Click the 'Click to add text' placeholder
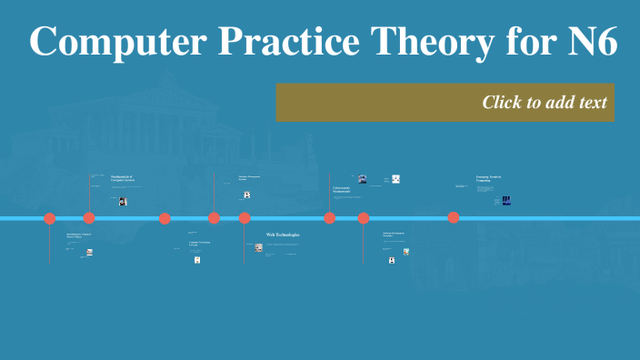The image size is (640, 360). [544, 102]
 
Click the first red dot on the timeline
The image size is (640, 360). [50, 218]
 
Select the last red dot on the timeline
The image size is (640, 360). [453, 217]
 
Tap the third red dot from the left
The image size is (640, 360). [165, 218]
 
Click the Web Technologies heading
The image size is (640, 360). [283, 235]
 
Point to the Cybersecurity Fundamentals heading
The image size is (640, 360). [342, 190]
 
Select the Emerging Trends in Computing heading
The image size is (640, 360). [488, 178]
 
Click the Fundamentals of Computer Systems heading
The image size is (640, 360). [123, 178]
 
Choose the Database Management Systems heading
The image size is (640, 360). [249, 178]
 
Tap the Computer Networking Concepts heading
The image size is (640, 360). [199, 244]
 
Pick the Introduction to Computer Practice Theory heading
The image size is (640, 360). [79, 235]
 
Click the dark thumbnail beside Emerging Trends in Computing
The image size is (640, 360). [506, 200]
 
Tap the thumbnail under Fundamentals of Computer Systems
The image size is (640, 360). [123, 201]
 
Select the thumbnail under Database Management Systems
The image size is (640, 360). [246, 195]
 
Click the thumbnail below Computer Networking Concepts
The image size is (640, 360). [197, 260]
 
